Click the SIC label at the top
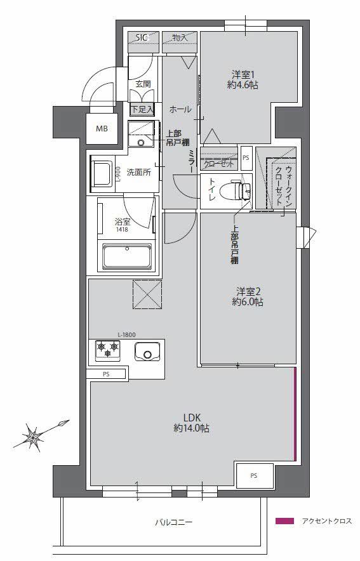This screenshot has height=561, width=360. pyautogui.click(x=142, y=37)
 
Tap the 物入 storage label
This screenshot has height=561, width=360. pyautogui.click(x=180, y=37)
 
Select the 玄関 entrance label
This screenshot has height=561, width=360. pyautogui.click(x=142, y=83)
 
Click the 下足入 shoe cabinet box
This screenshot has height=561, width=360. pyautogui.click(x=142, y=110)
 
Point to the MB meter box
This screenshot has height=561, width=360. pyautogui.click(x=102, y=129)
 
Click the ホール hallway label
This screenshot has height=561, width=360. pyautogui.click(x=180, y=110)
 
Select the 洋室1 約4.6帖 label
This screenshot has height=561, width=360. pyautogui.click(x=244, y=78)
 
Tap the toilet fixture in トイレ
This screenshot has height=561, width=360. pyautogui.click(x=239, y=190)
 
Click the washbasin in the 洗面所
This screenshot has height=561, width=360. pyautogui.click(x=101, y=172)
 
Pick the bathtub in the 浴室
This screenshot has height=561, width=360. pyautogui.click(x=127, y=258)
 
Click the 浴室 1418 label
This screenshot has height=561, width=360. pyautogui.click(x=122, y=225)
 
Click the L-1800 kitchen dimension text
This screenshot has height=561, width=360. pyautogui.click(x=126, y=334)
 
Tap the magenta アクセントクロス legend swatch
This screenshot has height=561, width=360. pyautogui.click(x=285, y=522)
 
